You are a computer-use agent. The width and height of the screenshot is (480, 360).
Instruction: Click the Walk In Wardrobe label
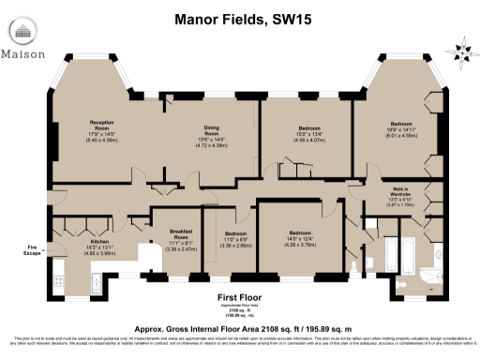[400, 190]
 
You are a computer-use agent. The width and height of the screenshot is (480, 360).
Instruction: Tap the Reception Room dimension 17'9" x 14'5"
[101, 134]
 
